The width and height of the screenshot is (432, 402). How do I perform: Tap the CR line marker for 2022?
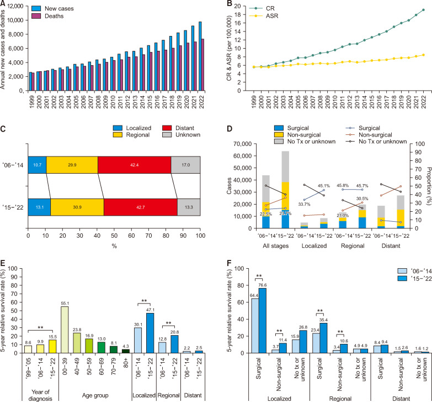423,10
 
